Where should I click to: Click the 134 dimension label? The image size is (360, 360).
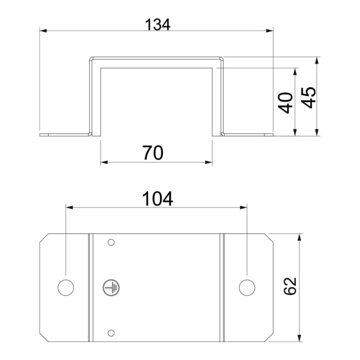coord(157,24)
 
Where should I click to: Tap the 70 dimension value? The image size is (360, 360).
coord(152,153)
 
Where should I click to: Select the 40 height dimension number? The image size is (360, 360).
coord(285,103)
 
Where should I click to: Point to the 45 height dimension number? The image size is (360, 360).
coord(308,97)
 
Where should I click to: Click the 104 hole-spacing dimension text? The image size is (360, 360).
coord(157,199)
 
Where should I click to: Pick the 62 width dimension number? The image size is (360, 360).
coord(290,286)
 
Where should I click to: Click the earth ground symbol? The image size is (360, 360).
coord(111,287)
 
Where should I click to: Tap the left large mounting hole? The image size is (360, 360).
coord(65,287)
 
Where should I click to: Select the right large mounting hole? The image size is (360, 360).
coord(247,287)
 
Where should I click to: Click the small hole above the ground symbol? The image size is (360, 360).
coord(111,242)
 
